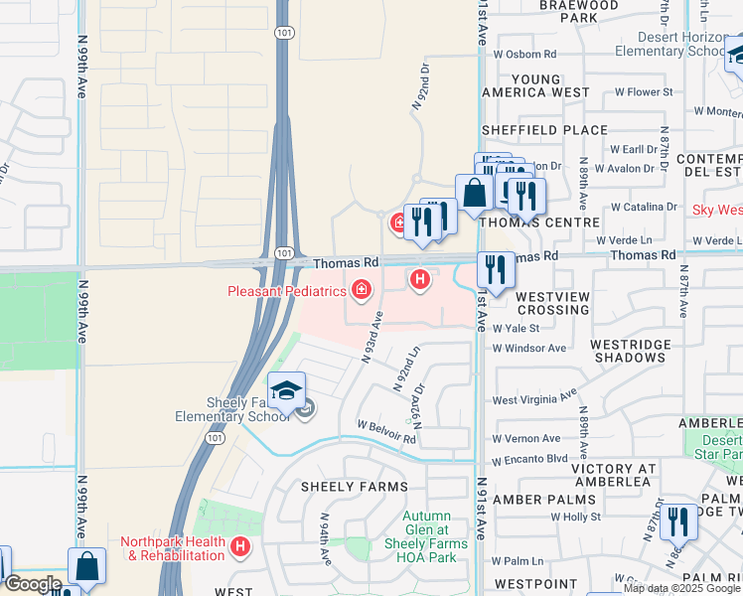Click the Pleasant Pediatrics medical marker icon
(362, 290)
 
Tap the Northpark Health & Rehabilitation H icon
(239, 546)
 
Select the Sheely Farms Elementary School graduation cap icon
(286, 391)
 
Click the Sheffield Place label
(544, 130)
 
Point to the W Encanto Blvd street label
(529, 459)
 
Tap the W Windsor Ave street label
(529, 348)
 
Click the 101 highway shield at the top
(283, 32)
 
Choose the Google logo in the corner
(32, 583)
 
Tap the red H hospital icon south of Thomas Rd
(420, 281)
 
